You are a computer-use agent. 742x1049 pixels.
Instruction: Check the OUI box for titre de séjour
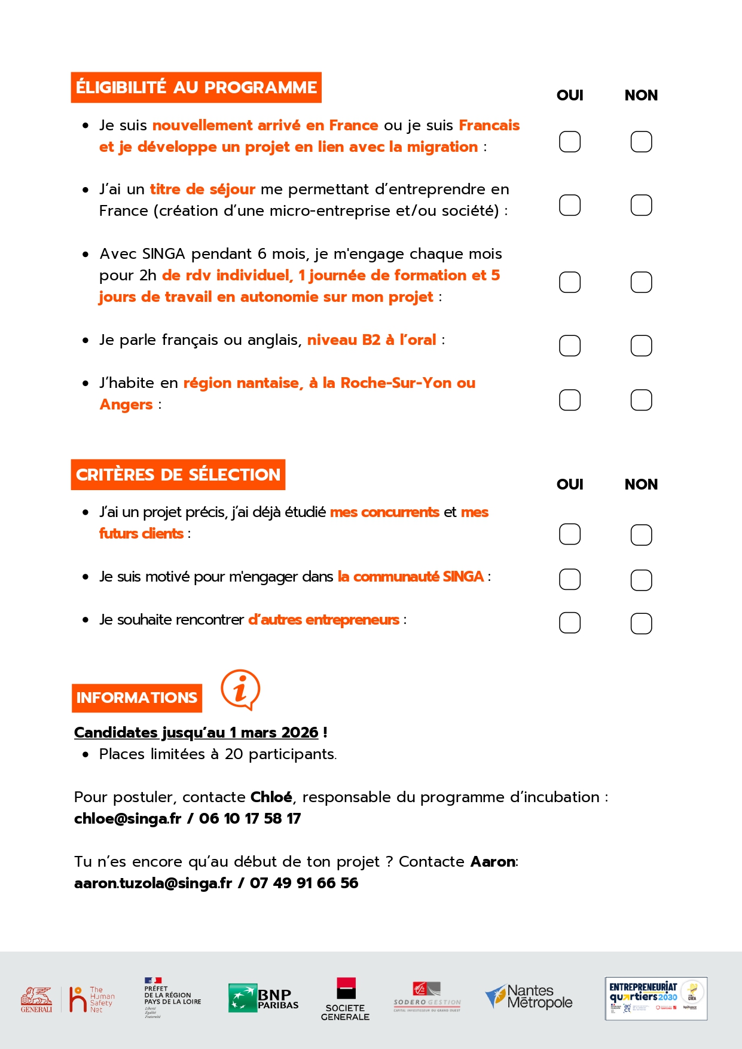pyautogui.click(x=569, y=205)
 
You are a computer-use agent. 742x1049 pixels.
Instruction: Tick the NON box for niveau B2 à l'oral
pyautogui.click(x=641, y=345)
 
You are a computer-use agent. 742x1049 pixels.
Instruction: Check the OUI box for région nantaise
pyautogui.click(x=569, y=400)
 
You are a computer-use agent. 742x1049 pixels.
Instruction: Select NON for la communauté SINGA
pyautogui.click(x=641, y=580)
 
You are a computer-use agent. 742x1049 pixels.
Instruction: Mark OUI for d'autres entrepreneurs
pyautogui.click(x=569, y=623)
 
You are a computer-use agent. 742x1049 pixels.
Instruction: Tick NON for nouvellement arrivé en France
pyautogui.click(x=641, y=142)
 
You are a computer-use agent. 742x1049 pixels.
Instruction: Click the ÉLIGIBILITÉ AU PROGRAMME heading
pyautogui.click(x=196, y=87)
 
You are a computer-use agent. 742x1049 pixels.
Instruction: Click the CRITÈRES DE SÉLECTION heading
pyautogui.click(x=178, y=475)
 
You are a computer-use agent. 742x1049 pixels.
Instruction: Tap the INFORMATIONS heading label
pyautogui.click(x=137, y=698)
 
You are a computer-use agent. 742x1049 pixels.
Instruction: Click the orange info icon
pyautogui.click(x=240, y=690)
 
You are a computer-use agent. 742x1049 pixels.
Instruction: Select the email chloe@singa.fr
pyautogui.click(x=127, y=818)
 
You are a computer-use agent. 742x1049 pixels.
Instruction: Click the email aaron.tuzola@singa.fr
pyautogui.click(x=153, y=883)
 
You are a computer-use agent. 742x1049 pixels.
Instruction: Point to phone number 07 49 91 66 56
pyautogui.click(x=304, y=883)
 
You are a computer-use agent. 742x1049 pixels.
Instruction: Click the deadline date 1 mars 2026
pyautogui.click(x=274, y=732)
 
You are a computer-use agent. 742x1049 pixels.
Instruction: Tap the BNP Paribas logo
pyautogui.click(x=263, y=998)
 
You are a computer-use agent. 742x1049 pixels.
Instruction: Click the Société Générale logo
pyautogui.click(x=345, y=999)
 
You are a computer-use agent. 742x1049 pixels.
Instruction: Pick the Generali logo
pyautogui.click(x=36, y=999)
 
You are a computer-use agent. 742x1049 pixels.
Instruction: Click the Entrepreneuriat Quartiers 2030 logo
pyautogui.click(x=656, y=998)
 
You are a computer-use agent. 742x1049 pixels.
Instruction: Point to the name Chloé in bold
pyautogui.click(x=271, y=797)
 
